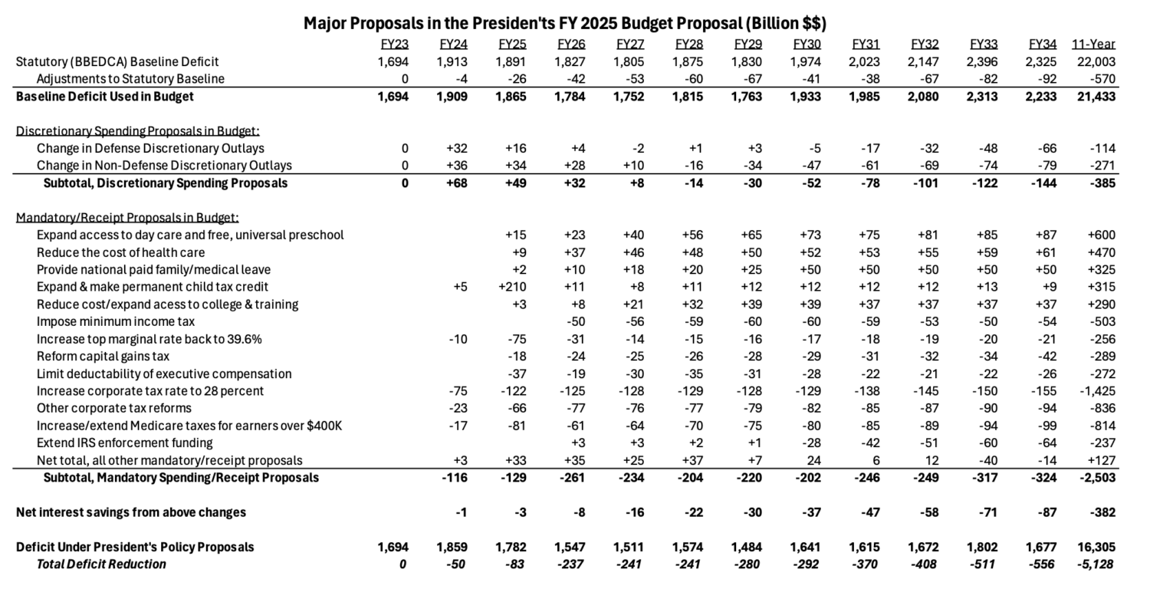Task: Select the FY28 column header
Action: [x=688, y=44]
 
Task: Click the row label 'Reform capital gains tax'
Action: [x=103, y=356]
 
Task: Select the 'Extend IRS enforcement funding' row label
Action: [x=124, y=443]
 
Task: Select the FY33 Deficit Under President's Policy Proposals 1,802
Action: [x=983, y=547]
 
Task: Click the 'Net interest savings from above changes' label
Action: [x=131, y=512]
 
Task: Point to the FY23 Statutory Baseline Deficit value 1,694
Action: [x=393, y=62]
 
